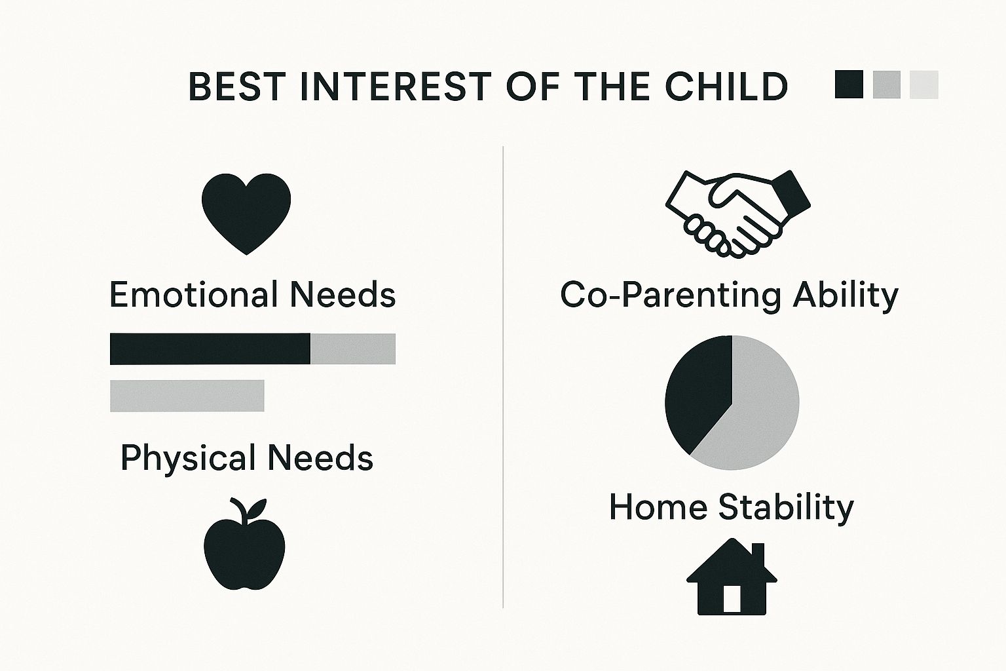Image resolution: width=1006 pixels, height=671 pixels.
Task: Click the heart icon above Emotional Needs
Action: pyautogui.click(x=246, y=211)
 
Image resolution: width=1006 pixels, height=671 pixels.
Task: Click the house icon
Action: pyautogui.click(x=732, y=579)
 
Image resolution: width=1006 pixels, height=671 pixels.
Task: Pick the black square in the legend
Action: pyautogui.click(x=849, y=85)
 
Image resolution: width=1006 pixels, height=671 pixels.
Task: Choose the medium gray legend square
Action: pyautogui.click(x=887, y=85)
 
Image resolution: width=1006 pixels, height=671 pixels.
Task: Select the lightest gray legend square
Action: pyautogui.click(x=924, y=85)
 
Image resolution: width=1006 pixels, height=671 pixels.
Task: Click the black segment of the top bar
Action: pyautogui.click(x=210, y=349)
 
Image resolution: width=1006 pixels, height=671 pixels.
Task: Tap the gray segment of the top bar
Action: pyautogui.click(x=353, y=349)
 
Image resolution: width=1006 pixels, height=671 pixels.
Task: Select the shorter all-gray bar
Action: pyautogui.click(x=187, y=396)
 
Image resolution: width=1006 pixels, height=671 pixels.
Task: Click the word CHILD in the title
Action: pyautogui.click(x=726, y=86)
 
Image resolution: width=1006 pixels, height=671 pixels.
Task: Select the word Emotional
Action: pyautogui.click(x=195, y=294)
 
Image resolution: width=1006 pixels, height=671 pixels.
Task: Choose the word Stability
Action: pyautogui.click(x=786, y=508)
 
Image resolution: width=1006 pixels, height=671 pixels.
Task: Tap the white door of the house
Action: pyautogui.click(x=732, y=598)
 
